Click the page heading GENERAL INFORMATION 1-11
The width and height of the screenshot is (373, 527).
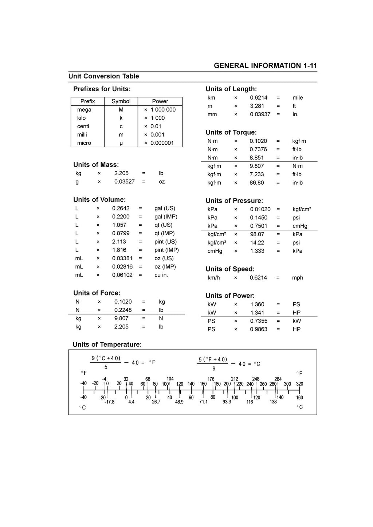[x=265, y=66]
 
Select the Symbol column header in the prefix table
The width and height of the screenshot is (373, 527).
[x=121, y=101]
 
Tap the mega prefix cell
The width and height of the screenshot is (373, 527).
[x=84, y=110]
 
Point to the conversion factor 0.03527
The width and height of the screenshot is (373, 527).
[x=124, y=182]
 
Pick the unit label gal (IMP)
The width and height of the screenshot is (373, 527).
[x=166, y=217]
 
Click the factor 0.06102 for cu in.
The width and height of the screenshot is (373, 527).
[x=122, y=275]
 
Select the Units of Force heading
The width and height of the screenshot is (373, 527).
[x=97, y=293]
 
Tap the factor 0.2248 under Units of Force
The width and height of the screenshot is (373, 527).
[x=123, y=310]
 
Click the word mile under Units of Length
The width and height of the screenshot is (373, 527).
[x=298, y=98]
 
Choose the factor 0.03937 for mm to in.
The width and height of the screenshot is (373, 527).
[x=260, y=114]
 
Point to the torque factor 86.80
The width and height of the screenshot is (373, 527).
[x=257, y=183]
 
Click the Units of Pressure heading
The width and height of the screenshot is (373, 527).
[x=234, y=201]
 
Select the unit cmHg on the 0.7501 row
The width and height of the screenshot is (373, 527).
[x=300, y=226]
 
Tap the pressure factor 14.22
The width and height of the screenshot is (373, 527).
[x=257, y=243]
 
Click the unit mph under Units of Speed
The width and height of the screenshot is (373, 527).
[x=298, y=278]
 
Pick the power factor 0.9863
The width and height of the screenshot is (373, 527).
[x=259, y=329]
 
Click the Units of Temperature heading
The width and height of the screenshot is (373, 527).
[x=107, y=345]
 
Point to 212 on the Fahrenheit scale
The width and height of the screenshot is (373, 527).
[x=235, y=379]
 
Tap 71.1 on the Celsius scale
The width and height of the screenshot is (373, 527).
[x=203, y=402]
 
